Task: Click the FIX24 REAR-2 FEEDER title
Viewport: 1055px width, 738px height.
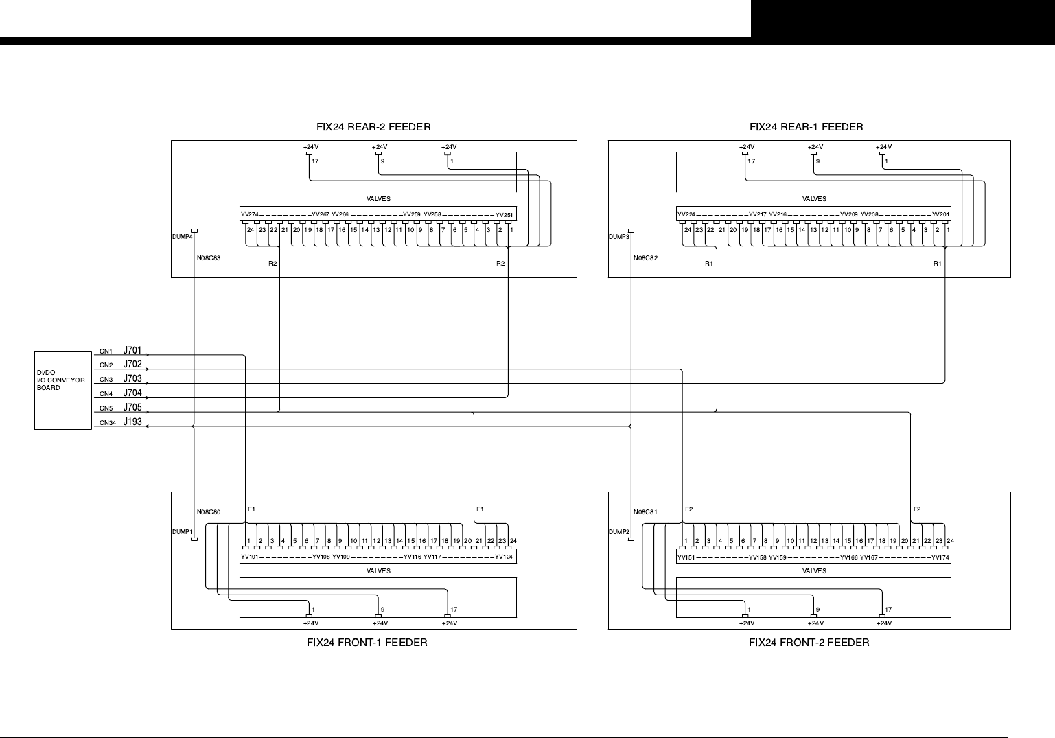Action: [373, 127]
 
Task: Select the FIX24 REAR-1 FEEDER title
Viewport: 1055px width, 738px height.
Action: [806, 127]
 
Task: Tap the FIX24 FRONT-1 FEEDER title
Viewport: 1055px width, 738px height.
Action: [367, 643]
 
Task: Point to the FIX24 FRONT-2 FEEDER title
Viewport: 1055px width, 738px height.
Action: [809, 643]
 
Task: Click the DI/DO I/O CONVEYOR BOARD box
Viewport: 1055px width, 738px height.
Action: [62, 390]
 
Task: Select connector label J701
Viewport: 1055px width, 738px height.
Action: [132, 351]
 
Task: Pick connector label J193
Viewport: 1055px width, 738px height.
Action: [132, 422]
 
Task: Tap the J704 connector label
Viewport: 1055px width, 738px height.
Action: [132, 393]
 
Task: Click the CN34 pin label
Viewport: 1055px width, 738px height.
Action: [107, 423]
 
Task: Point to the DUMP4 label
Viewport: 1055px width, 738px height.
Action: [182, 237]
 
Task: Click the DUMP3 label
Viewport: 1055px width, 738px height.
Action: [618, 237]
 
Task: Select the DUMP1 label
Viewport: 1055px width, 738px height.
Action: [182, 532]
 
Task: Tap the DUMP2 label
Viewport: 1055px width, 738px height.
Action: [618, 532]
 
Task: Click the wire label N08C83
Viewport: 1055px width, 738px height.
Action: [209, 259]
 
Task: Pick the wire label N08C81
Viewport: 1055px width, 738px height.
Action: [645, 512]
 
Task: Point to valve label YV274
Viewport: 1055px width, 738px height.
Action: [249, 215]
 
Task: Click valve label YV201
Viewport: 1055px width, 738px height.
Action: [940, 215]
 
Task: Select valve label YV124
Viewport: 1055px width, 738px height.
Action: [504, 557]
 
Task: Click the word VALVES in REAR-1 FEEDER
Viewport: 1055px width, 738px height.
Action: [814, 199]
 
